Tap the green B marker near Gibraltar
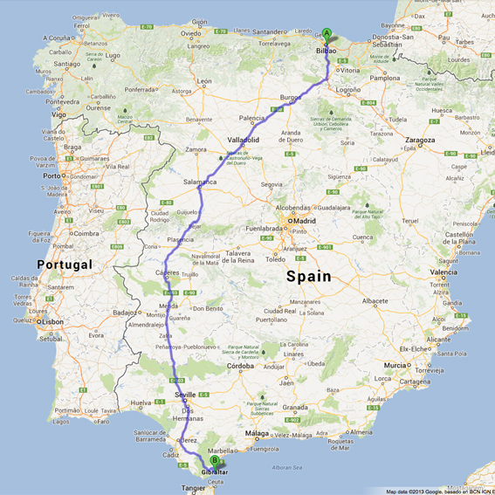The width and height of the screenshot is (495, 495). [x=215, y=461]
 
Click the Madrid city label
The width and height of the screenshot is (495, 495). [x=305, y=220]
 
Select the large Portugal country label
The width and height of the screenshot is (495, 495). [x=64, y=264]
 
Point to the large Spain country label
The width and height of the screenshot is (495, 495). [x=309, y=276]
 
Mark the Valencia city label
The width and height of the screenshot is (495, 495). [x=443, y=272]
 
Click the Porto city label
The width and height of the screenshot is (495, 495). [x=52, y=175]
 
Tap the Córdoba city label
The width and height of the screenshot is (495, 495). [x=240, y=366]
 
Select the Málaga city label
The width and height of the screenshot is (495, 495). [x=257, y=434]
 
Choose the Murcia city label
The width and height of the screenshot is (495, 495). [x=395, y=365]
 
